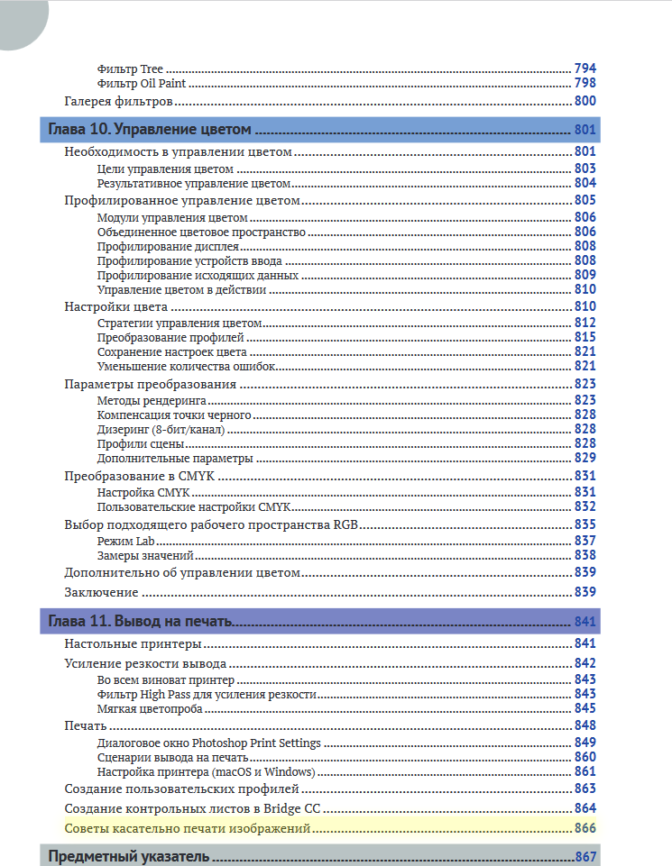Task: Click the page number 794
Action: pos(585,68)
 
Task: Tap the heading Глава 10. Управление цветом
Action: pos(149,129)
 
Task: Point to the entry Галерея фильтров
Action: pos(119,101)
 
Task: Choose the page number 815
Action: pos(585,337)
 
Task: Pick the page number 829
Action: pos(585,459)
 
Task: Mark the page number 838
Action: pos(585,555)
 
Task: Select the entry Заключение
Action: pos(101,592)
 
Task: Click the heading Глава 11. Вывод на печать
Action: pos(141,622)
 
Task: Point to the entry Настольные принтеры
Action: pos(133,644)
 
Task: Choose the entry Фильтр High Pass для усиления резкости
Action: pos(207,694)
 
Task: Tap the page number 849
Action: pos(585,743)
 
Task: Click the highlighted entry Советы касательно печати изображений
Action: pos(188,827)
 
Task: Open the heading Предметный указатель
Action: pos(128,856)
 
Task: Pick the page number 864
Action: pos(585,808)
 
